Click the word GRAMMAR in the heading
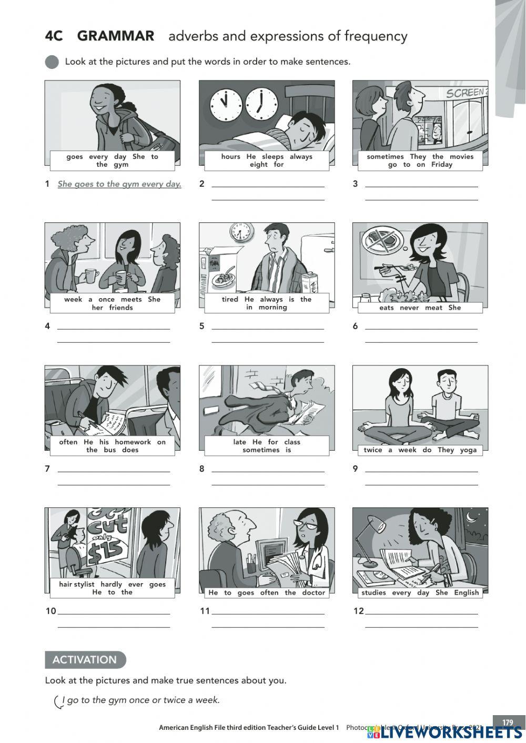coord(116,36)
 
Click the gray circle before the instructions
coord(52,62)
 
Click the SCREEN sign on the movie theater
coord(466,93)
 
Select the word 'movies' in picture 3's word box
coord(461,156)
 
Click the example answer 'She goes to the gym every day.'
coord(119,184)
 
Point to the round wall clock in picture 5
coord(241,232)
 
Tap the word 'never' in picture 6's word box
coord(409,308)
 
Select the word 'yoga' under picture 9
coord(468,450)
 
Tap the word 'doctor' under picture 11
coord(313,593)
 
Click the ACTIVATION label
coord(85,659)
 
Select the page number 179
coord(507,722)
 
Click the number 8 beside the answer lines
coord(201,469)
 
